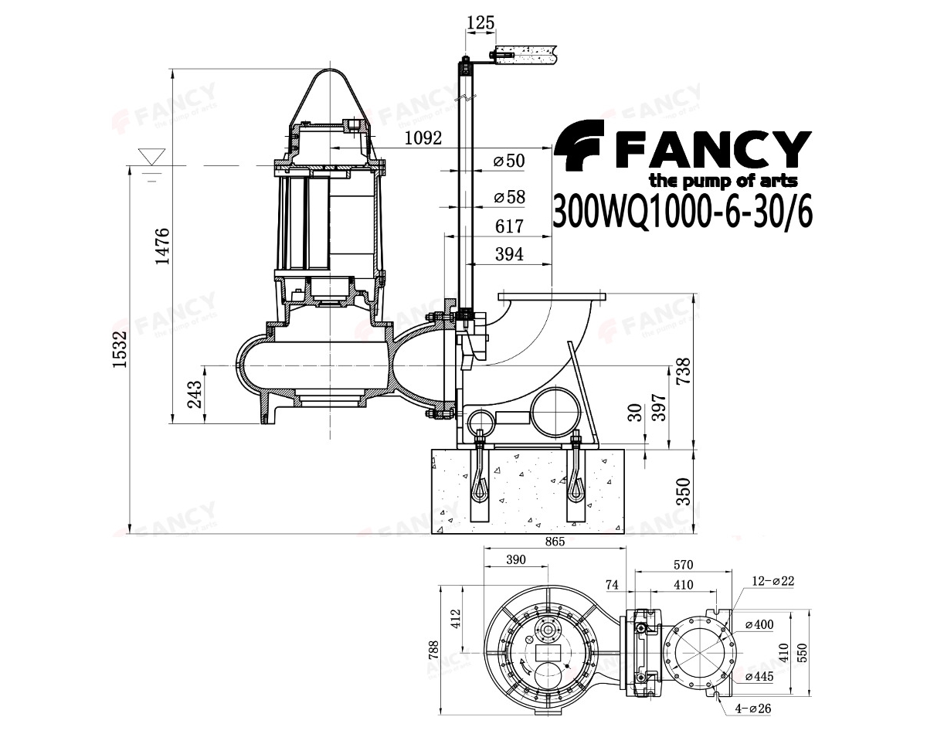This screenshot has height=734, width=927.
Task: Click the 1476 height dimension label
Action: coord(163,246)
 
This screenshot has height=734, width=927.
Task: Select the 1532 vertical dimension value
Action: coord(120,349)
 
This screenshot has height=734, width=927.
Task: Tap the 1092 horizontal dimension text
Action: coord(423,138)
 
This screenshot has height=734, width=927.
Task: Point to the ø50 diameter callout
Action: coord(509,161)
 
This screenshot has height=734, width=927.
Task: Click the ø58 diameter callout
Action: coord(510,197)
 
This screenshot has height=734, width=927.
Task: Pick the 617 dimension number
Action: coord(509,226)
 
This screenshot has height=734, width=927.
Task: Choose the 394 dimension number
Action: coord(509,254)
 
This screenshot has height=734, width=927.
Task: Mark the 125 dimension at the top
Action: coord(480,22)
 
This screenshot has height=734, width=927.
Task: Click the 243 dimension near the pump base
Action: coord(195,394)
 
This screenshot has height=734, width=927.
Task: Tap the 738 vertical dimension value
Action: coord(683,371)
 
